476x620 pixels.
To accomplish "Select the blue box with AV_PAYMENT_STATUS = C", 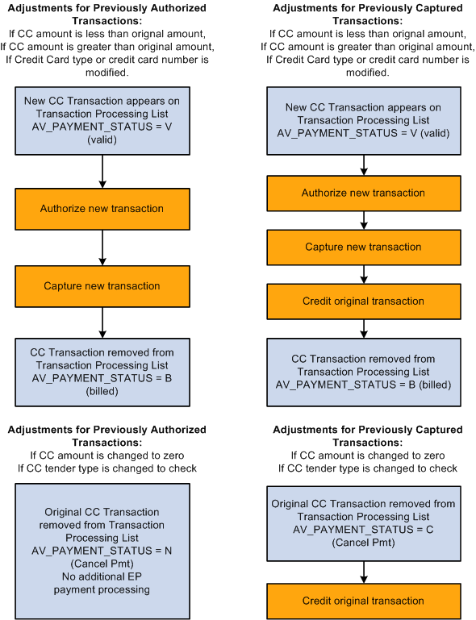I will pyautogui.click(x=363, y=523).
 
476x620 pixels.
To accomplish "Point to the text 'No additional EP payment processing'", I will pyautogui.click(x=102, y=584).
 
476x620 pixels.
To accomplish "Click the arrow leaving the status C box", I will pyautogui.click(x=363, y=571).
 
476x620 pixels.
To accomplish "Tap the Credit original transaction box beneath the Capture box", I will pyautogui.click(x=363, y=301).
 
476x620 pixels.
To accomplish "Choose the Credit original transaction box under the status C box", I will pyautogui.click(x=363, y=601).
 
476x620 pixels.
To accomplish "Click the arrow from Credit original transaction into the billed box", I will pyautogui.click(x=363, y=327).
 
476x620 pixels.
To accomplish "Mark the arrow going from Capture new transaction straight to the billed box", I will pyautogui.click(x=102, y=322).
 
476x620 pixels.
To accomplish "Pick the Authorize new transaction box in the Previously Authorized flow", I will pyautogui.click(x=102, y=209).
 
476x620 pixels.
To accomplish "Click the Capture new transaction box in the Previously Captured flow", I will pyautogui.click(x=363, y=247).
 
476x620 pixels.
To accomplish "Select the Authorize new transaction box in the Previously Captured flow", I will pyautogui.click(x=363, y=193).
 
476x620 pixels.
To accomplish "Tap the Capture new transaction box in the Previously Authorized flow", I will pyautogui.click(x=102, y=286).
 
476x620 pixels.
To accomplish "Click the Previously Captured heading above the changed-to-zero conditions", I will pyautogui.click(x=368, y=436).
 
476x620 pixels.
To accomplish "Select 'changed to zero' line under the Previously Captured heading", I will pyautogui.click(x=368, y=456).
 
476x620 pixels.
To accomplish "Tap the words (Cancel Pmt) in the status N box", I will pyautogui.click(x=102, y=564).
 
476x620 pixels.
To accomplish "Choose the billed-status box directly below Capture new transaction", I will pyautogui.click(x=102, y=372).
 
